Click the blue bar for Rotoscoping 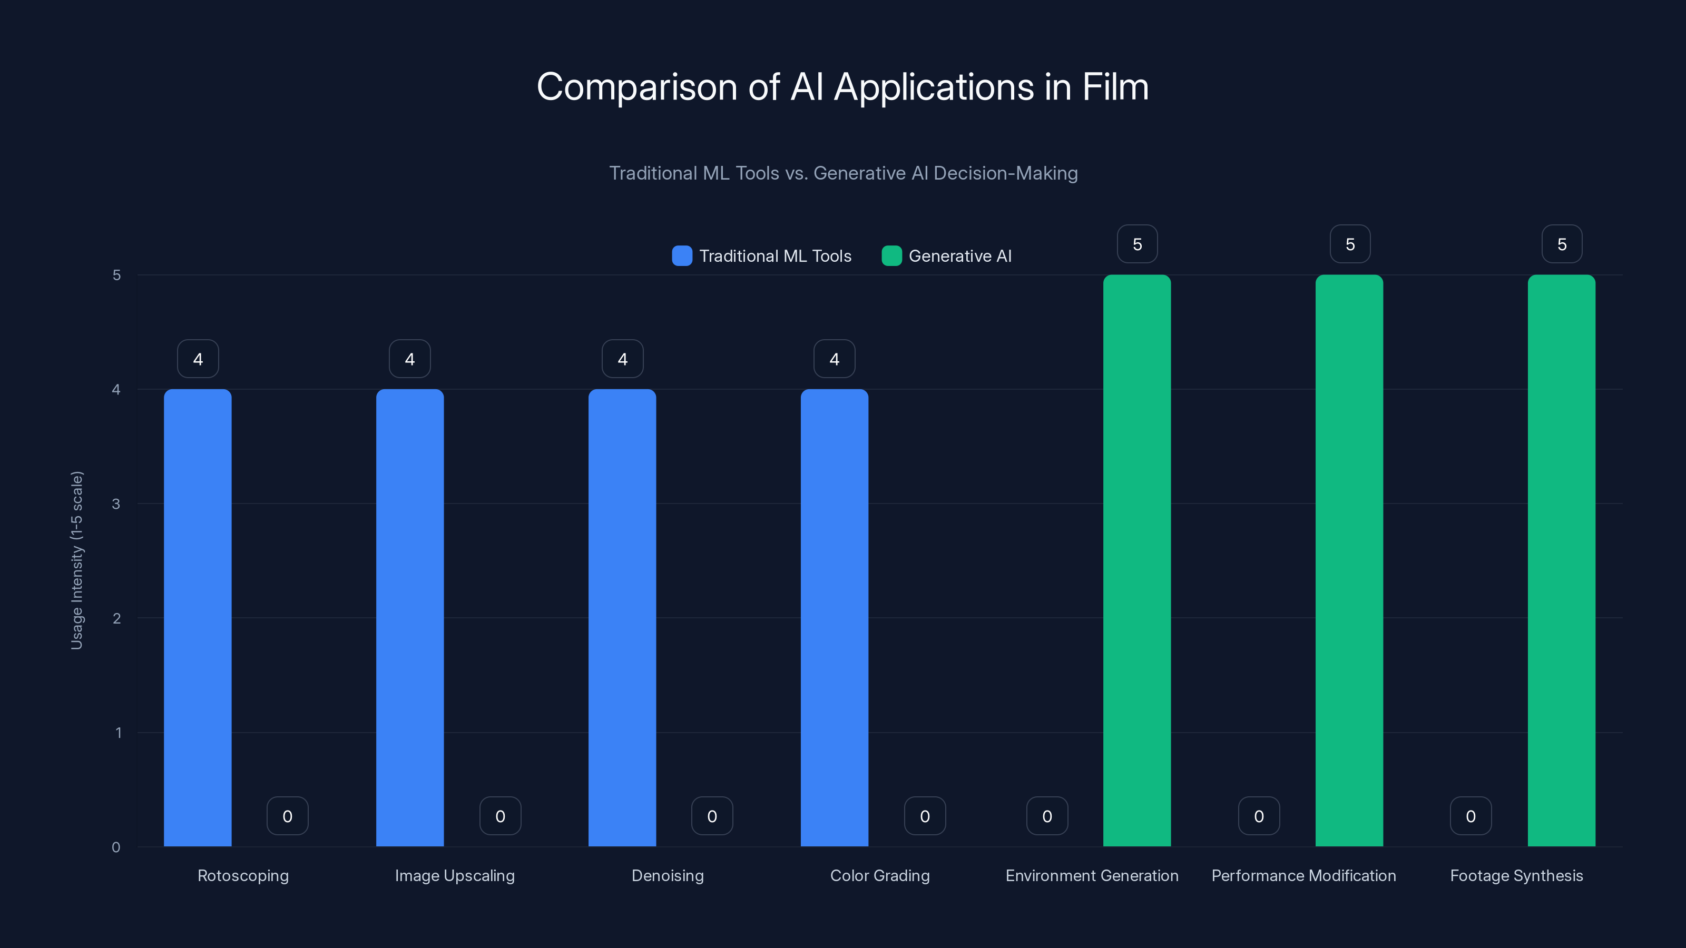tap(198, 618)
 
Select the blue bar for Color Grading tap(835, 618)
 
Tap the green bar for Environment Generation tap(1137, 561)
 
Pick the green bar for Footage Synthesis tap(1561, 561)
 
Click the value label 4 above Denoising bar tap(622, 359)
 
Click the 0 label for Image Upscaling tap(500, 816)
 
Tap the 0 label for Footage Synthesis tap(1471, 816)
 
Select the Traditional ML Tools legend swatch tap(682, 256)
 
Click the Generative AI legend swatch tap(891, 256)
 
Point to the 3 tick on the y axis tap(116, 504)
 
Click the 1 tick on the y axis tap(119, 733)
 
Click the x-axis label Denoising tap(668, 875)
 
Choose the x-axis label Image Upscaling tap(455, 875)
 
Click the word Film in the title tap(1115, 87)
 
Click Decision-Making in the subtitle tap(1005, 173)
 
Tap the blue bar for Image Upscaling tap(410, 618)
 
